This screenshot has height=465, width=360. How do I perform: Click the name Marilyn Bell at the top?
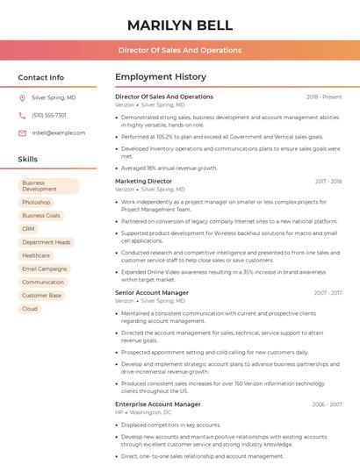(180, 25)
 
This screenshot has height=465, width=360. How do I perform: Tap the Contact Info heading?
(41, 77)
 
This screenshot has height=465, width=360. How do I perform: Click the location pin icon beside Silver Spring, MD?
(22, 98)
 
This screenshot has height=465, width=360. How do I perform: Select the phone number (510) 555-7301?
(49, 116)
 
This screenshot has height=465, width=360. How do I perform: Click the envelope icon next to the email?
(22, 133)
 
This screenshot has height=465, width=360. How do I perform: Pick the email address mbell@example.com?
(58, 133)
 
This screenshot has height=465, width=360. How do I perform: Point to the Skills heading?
(28, 160)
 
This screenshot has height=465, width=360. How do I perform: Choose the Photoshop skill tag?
(36, 203)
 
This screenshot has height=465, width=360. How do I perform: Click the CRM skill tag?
(29, 229)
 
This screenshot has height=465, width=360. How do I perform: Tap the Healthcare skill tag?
(36, 255)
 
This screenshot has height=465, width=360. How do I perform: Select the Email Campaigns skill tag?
(45, 268)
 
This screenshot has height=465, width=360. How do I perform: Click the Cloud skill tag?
(30, 309)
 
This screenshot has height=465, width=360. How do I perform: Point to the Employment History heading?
(161, 77)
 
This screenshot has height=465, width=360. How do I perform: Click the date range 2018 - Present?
(324, 97)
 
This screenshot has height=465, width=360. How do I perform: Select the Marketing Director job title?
(143, 181)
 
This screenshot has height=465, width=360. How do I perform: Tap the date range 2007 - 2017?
(328, 293)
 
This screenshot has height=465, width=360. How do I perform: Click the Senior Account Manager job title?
(152, 292)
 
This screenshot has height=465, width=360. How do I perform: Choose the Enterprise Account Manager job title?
(158, 404)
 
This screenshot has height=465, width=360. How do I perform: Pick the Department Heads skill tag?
(46, 242)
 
